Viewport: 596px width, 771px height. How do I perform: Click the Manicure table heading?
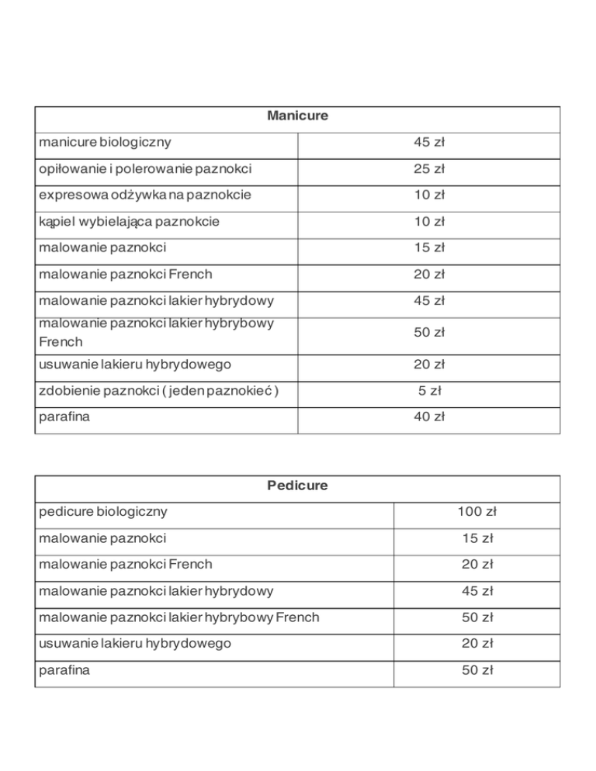tap(297, 116)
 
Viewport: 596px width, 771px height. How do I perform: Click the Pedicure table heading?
tap(297, 486)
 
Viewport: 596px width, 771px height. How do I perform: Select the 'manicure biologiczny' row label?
tap(105, 143)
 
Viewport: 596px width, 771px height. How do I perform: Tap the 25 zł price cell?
tap(428, 169)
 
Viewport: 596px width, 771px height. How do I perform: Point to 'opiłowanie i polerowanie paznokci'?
tap(144, 169)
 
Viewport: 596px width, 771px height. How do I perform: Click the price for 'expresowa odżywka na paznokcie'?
tap(428, 195)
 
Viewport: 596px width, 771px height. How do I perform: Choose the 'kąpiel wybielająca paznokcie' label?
tap(129, 222)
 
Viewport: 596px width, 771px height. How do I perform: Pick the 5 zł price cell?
tap(430, 391)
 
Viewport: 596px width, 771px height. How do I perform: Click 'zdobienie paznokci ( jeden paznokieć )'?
tap(158, 391)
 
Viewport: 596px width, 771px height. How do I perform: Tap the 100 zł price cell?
tap(476, 512)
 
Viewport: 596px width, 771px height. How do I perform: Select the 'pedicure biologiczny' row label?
tap(104, 512)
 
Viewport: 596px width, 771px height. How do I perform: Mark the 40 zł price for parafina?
tap(428, 417)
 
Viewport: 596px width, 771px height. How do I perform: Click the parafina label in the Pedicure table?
tap(64, 670)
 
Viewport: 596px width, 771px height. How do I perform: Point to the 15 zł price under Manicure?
tap(428, 248)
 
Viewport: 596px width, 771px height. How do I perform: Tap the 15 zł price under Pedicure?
tap(476, 538)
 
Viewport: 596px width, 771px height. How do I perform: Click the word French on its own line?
tap(60, 341)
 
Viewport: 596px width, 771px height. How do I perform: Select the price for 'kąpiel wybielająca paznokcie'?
tap(428, 222)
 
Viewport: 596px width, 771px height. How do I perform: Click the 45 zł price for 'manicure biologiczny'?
tap(428, 143)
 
